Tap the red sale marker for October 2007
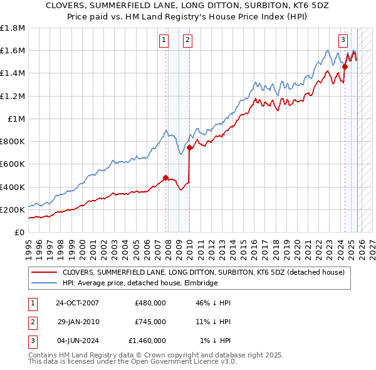coord(165,177)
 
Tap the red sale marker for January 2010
coord(189,147)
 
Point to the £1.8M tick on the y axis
coord(13,28)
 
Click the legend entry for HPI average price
coord(140,283)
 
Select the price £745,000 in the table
coord(150,322)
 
